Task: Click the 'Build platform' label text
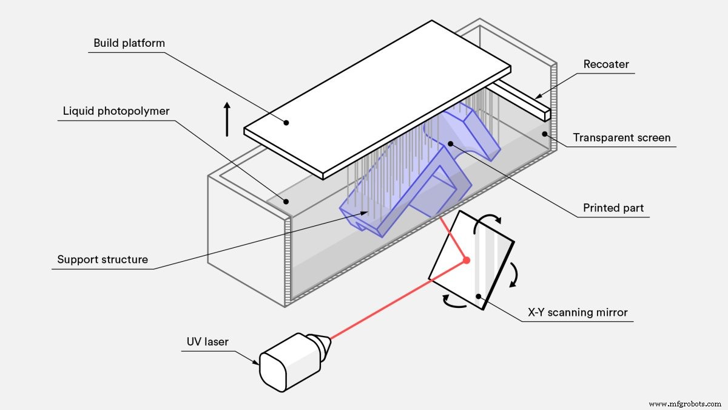129,43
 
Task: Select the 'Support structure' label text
103,259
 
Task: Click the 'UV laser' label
207,342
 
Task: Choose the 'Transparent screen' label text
622,138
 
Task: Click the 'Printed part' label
613,208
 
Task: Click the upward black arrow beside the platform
227,118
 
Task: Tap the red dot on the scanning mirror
467,260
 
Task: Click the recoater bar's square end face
547,114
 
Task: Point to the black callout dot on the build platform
286,122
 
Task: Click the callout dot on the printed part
450,143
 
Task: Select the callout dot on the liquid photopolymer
283,201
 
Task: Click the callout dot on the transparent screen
544,134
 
